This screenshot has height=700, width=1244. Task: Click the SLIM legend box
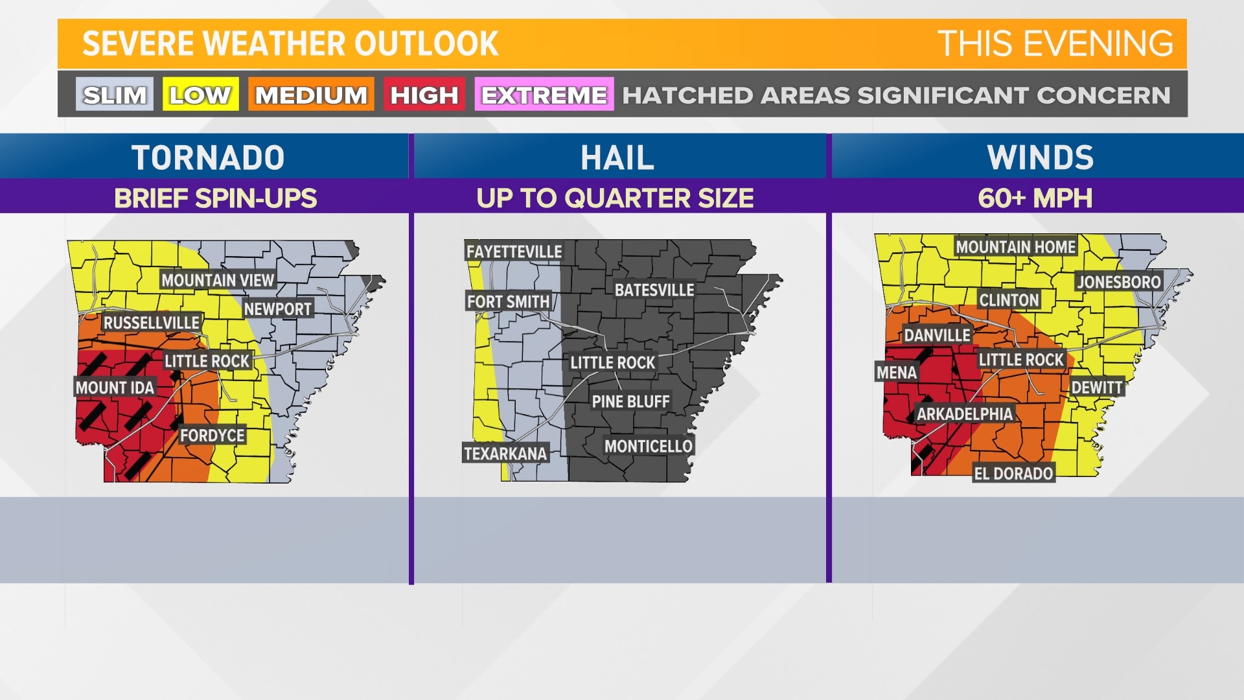pos(115,95)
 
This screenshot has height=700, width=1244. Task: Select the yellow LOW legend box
pos(200,95)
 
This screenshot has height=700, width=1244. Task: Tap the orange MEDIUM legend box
pos(311,95)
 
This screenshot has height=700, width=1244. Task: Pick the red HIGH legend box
pos(424,95)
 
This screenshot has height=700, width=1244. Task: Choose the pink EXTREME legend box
pos(544,95)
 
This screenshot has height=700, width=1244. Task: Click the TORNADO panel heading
pos(208,157)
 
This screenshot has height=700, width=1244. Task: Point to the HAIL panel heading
pos(617,157)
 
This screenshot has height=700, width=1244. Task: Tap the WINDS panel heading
pos(1040,157)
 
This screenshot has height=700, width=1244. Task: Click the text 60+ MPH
pos(1035,198)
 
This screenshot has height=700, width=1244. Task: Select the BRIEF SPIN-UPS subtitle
pos(215,198)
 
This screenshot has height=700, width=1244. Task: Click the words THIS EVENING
pos(1055,44)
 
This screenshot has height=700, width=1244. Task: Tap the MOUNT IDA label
pos(115,388)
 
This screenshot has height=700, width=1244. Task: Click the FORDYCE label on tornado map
pos(212,436)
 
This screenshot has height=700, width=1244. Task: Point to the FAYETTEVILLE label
pos(514,251)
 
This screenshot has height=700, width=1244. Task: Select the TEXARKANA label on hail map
pos(505,453)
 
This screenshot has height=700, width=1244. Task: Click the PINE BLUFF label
pos(630,402)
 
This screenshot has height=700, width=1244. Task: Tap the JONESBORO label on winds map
pos(1118,282)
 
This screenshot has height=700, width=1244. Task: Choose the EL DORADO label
pos(1013,474)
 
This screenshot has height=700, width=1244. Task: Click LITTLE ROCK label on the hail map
pos(612,363)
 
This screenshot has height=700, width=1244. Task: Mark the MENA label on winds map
pos(896,373)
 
